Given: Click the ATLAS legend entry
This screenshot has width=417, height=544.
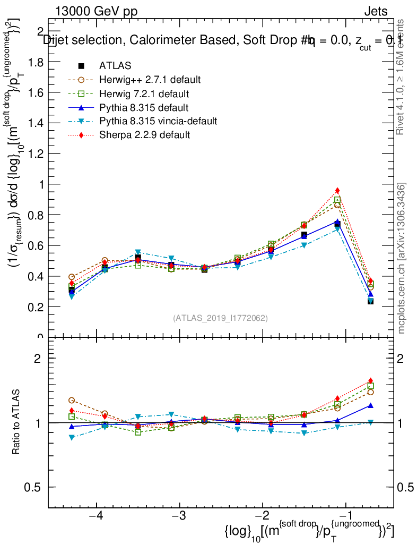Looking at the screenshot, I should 115,66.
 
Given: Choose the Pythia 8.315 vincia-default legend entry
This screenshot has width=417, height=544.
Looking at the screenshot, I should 158,121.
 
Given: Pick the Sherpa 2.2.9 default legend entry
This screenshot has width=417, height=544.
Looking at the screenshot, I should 144,135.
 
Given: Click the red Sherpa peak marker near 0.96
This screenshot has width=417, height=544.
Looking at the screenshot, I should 337,191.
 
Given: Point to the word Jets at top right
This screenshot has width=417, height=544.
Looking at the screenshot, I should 375,12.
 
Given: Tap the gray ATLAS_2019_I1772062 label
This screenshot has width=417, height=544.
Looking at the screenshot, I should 220,318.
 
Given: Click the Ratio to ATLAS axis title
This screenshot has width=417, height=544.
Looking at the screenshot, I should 16,422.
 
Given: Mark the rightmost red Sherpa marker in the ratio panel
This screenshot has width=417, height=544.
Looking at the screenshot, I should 370,381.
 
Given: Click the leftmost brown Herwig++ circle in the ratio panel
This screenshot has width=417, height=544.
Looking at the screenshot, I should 72,400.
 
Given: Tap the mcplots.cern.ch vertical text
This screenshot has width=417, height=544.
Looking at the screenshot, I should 402,259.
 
